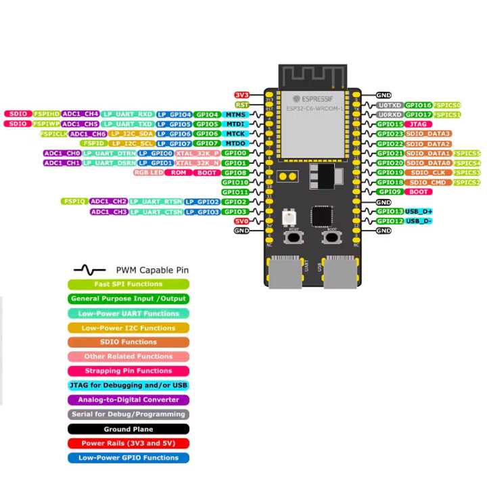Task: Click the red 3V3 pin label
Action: [241, 95]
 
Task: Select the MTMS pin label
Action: [235, 115]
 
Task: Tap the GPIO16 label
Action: [418, 106]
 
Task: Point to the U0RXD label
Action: [390, 115]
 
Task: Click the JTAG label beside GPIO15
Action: [417, 124]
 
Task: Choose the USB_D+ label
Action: [419, 212]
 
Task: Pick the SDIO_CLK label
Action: [427, 173]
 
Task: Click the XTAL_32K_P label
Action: [198, 154]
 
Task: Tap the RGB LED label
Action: [149, 173]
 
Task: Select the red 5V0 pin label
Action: [241, 221]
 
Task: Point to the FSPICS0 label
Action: [448, 106]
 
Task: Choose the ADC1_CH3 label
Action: [109, 212]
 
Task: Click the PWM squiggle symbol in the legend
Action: [89, 269]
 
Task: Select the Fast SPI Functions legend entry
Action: [129, 284]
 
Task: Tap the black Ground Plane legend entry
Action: [129, 429]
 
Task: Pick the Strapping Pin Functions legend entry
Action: [129, 371]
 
